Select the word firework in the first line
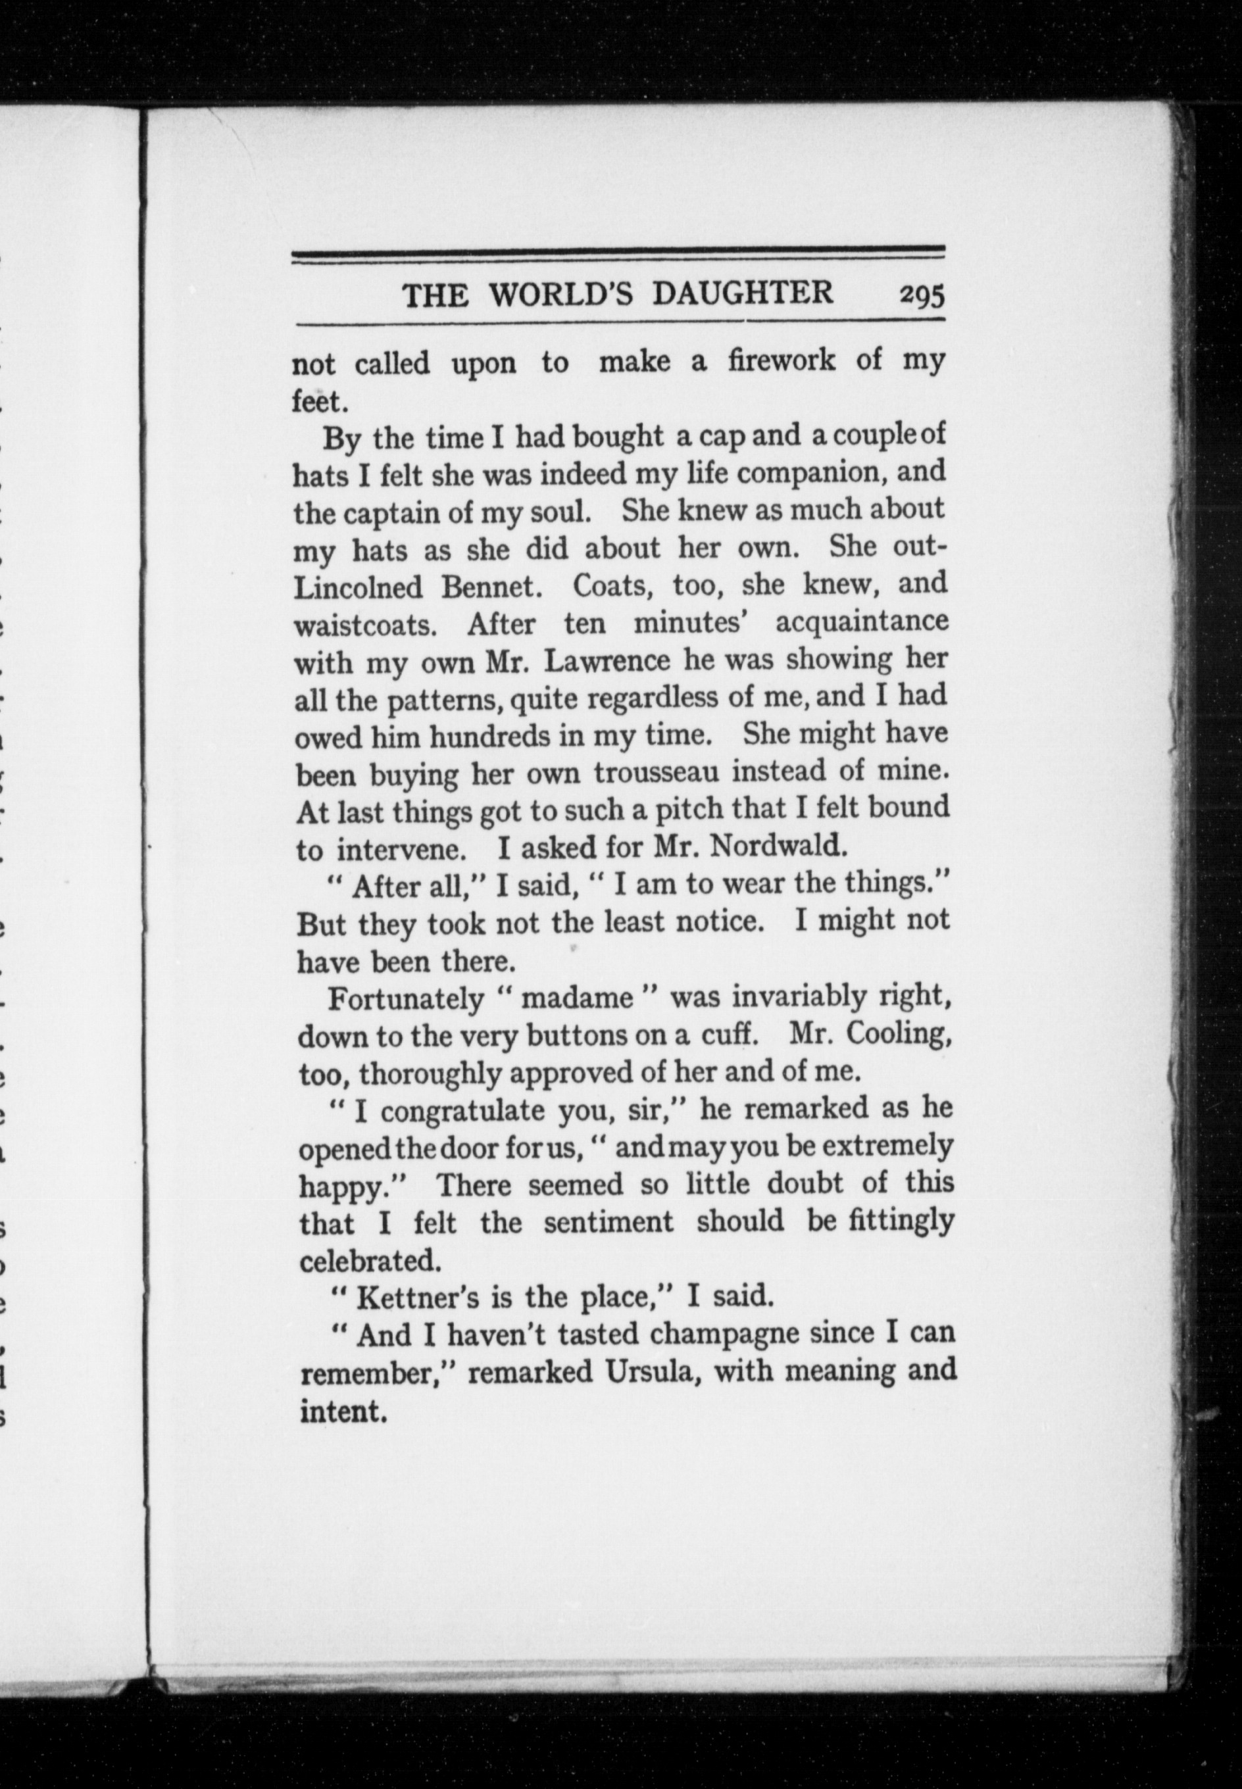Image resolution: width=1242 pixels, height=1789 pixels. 782,361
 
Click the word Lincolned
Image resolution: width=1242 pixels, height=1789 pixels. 357,587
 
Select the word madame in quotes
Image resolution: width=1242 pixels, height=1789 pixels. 577,998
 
